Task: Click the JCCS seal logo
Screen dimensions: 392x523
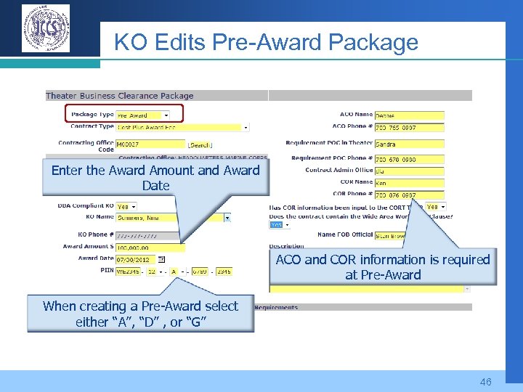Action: pyautogui.click(x=46, y=28)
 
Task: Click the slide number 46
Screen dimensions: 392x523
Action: pyautogui.click(x=485, y=381)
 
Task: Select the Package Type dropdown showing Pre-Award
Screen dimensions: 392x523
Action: pyautogui.click(x=142, y=115)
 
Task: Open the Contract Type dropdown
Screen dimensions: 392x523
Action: pyautogui.click(x=182, y=127)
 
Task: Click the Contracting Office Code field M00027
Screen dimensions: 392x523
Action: pyautogui.click(x=150, y=144)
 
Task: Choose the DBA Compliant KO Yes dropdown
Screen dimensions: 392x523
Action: pyautogui.click(x=127, y=206)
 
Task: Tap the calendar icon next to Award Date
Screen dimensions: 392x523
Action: pyautogui.click(x=161, y=259)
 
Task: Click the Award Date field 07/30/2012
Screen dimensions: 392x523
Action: pyautogui.click(x=136, y=259)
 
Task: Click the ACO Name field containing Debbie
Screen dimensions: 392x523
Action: pyautogui.click(x=409, y=115)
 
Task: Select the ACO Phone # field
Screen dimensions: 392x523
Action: pyautogui.click(x=409, y=128)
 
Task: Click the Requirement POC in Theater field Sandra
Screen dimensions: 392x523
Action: pyautogui.click(x=409, y=144)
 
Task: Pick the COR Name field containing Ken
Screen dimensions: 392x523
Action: pyautogui.click(x=409, y=183)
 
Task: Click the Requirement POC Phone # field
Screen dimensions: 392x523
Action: pyautogui.click(x=409, y=159)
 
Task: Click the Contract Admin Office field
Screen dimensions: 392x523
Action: pyautogui.click(x=409, y=171)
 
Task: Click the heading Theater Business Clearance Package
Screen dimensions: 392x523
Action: pyautogui.click(x=120, y=96)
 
